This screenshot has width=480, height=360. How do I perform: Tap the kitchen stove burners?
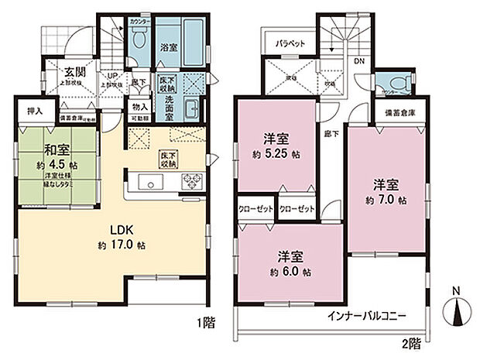(x=190, y=181)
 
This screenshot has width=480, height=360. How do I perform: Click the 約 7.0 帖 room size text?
(x=386, y=200)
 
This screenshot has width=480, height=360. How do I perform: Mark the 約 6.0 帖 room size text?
(x=292, y=272)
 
